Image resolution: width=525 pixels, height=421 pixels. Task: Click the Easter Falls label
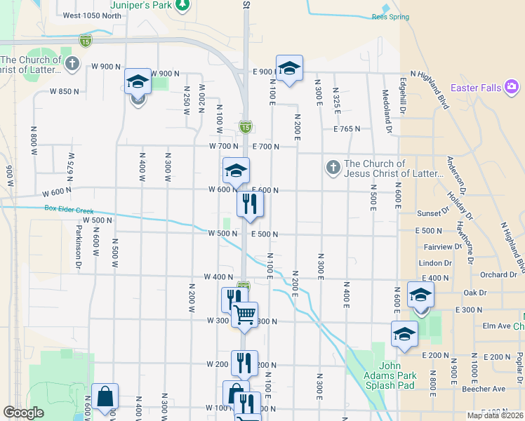(x=476, y=88)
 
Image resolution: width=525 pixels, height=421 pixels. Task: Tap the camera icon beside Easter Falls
(x=512, y=87)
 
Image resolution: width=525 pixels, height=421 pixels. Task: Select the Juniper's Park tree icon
(x=182, y=5)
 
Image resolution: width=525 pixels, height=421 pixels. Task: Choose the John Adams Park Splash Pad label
(x=398, y=370)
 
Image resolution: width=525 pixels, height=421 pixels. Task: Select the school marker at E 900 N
(x=289, y=67)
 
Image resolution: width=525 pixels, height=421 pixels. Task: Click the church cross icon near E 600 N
(x=333, y=168)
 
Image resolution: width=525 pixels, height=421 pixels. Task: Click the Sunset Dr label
(x=432, y=212)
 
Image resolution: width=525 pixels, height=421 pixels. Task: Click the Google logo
(x=23, y=413)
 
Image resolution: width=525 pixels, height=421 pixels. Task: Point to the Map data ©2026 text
(x=495, y=415)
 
